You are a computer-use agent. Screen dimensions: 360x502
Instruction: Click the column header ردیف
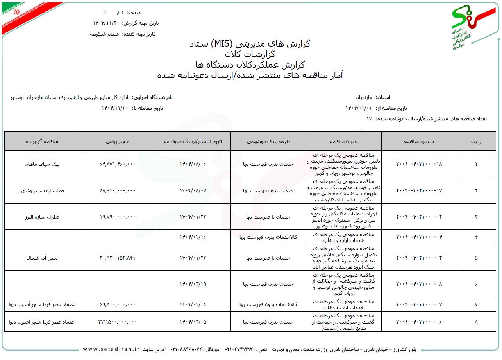click(x=476, y=141)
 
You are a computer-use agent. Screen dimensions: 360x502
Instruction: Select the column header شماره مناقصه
click(x=419, y=141)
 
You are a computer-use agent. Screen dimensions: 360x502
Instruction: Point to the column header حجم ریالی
click(x=117, y=141)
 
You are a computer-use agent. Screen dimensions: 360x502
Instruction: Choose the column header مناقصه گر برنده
click(x=42, y=141)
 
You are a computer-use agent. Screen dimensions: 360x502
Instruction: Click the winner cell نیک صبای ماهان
click(x=42, y=164)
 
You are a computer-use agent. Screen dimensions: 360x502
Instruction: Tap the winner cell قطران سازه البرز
click(x=42, y=217)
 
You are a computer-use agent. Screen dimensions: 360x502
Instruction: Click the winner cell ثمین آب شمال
click(x=42, y=258)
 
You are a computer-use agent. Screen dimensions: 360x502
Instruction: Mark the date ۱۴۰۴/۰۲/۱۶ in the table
click(x=193, y=237)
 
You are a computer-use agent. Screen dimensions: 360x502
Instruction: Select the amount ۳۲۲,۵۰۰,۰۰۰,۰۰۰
click(x=117, y=322)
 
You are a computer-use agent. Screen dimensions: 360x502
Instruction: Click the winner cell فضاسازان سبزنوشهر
click(x=42, y=190)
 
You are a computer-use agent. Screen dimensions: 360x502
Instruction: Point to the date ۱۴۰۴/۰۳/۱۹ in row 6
click(x=193, y=284)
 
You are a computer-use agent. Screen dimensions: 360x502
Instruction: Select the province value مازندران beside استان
click(x=364, y=97)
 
